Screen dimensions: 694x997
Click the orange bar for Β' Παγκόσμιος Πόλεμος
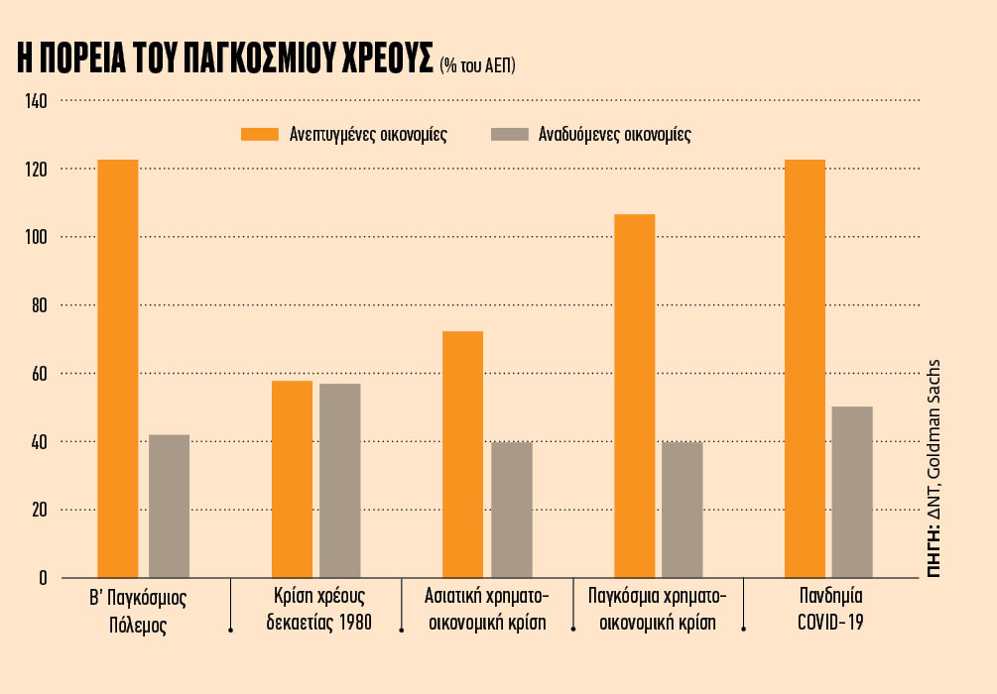click(x=117, y=368)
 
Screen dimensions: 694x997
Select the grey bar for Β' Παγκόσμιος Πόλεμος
click(x=169, y=506)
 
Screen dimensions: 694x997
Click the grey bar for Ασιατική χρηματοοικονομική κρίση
click(x=512, y=509)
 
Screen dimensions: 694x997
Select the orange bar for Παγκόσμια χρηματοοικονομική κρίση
click(x=635, y=396)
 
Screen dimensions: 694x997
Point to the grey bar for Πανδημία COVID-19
click(x=852, y=492)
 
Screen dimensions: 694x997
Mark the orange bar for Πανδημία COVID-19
click(x=805, y=368)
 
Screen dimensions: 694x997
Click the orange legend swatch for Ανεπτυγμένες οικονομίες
click(x=260, y=135)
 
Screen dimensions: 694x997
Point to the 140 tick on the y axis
click(x=35, y=101)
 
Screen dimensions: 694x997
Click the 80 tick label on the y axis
click(x=39, y=305)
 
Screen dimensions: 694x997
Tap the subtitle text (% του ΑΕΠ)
click(x=478, y=65)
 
